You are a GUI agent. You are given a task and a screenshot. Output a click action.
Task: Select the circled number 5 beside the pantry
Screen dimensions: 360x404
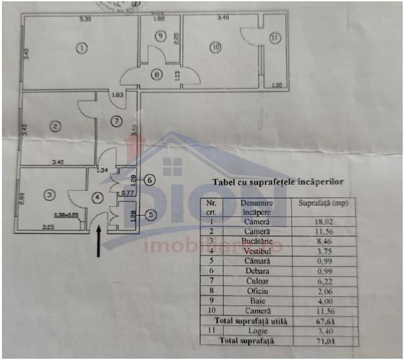point(149,215)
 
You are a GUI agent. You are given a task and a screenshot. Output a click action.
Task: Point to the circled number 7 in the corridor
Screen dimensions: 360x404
point(116,120)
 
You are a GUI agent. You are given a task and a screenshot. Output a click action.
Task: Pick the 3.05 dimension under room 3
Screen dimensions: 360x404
point(48,227)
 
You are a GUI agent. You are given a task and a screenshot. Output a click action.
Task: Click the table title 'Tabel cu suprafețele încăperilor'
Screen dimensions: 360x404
point(278,182)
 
